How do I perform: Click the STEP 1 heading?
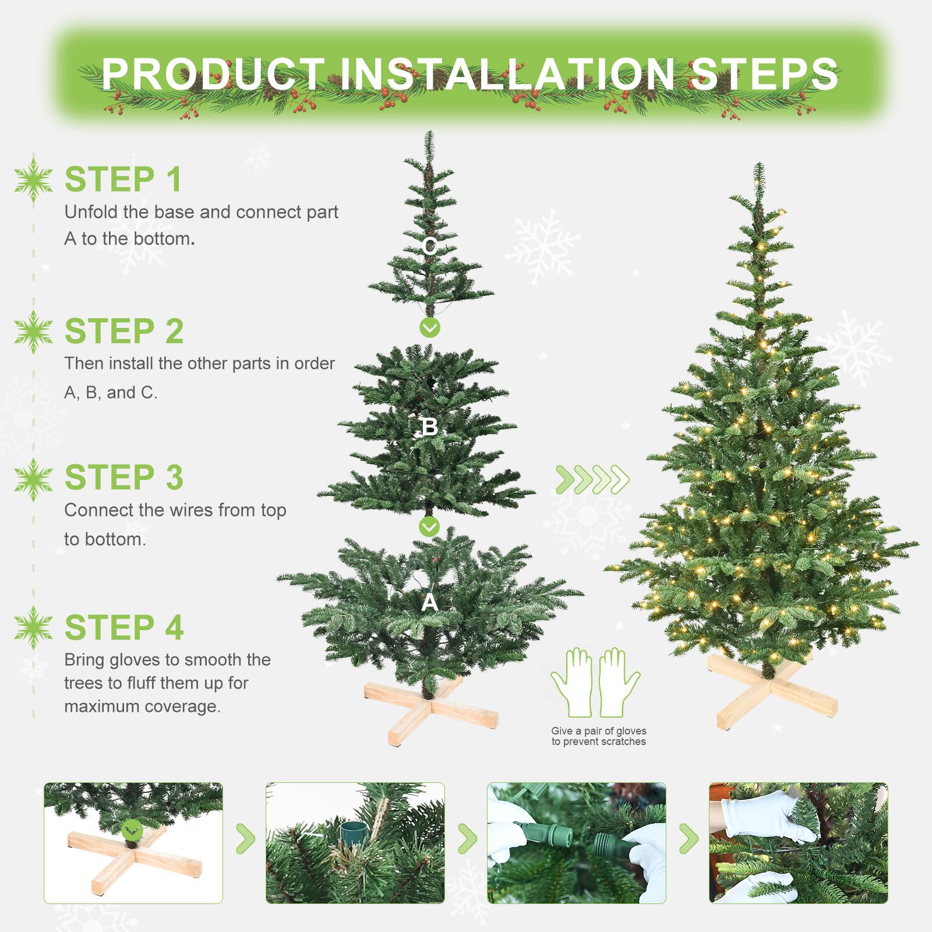tap(123, 179)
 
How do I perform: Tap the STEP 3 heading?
tap(124, 478)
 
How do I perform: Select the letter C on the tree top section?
tap(430, 246)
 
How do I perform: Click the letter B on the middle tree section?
tap(429, 427)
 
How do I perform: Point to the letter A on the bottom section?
tap(429, 602)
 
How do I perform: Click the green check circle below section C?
tap(430, 328)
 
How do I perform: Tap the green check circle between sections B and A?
tap(429, 527)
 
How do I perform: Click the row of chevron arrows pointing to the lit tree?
tap(592, 479)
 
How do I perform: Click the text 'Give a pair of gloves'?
tap(598, 730)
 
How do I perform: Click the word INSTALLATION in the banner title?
tap(507, 74)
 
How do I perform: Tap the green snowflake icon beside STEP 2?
tap(34, 331)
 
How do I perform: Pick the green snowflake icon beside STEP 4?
tap(34, 627)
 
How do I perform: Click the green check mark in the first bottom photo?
tap(133, 829)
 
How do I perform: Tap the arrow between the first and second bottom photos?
tap(245, 839)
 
